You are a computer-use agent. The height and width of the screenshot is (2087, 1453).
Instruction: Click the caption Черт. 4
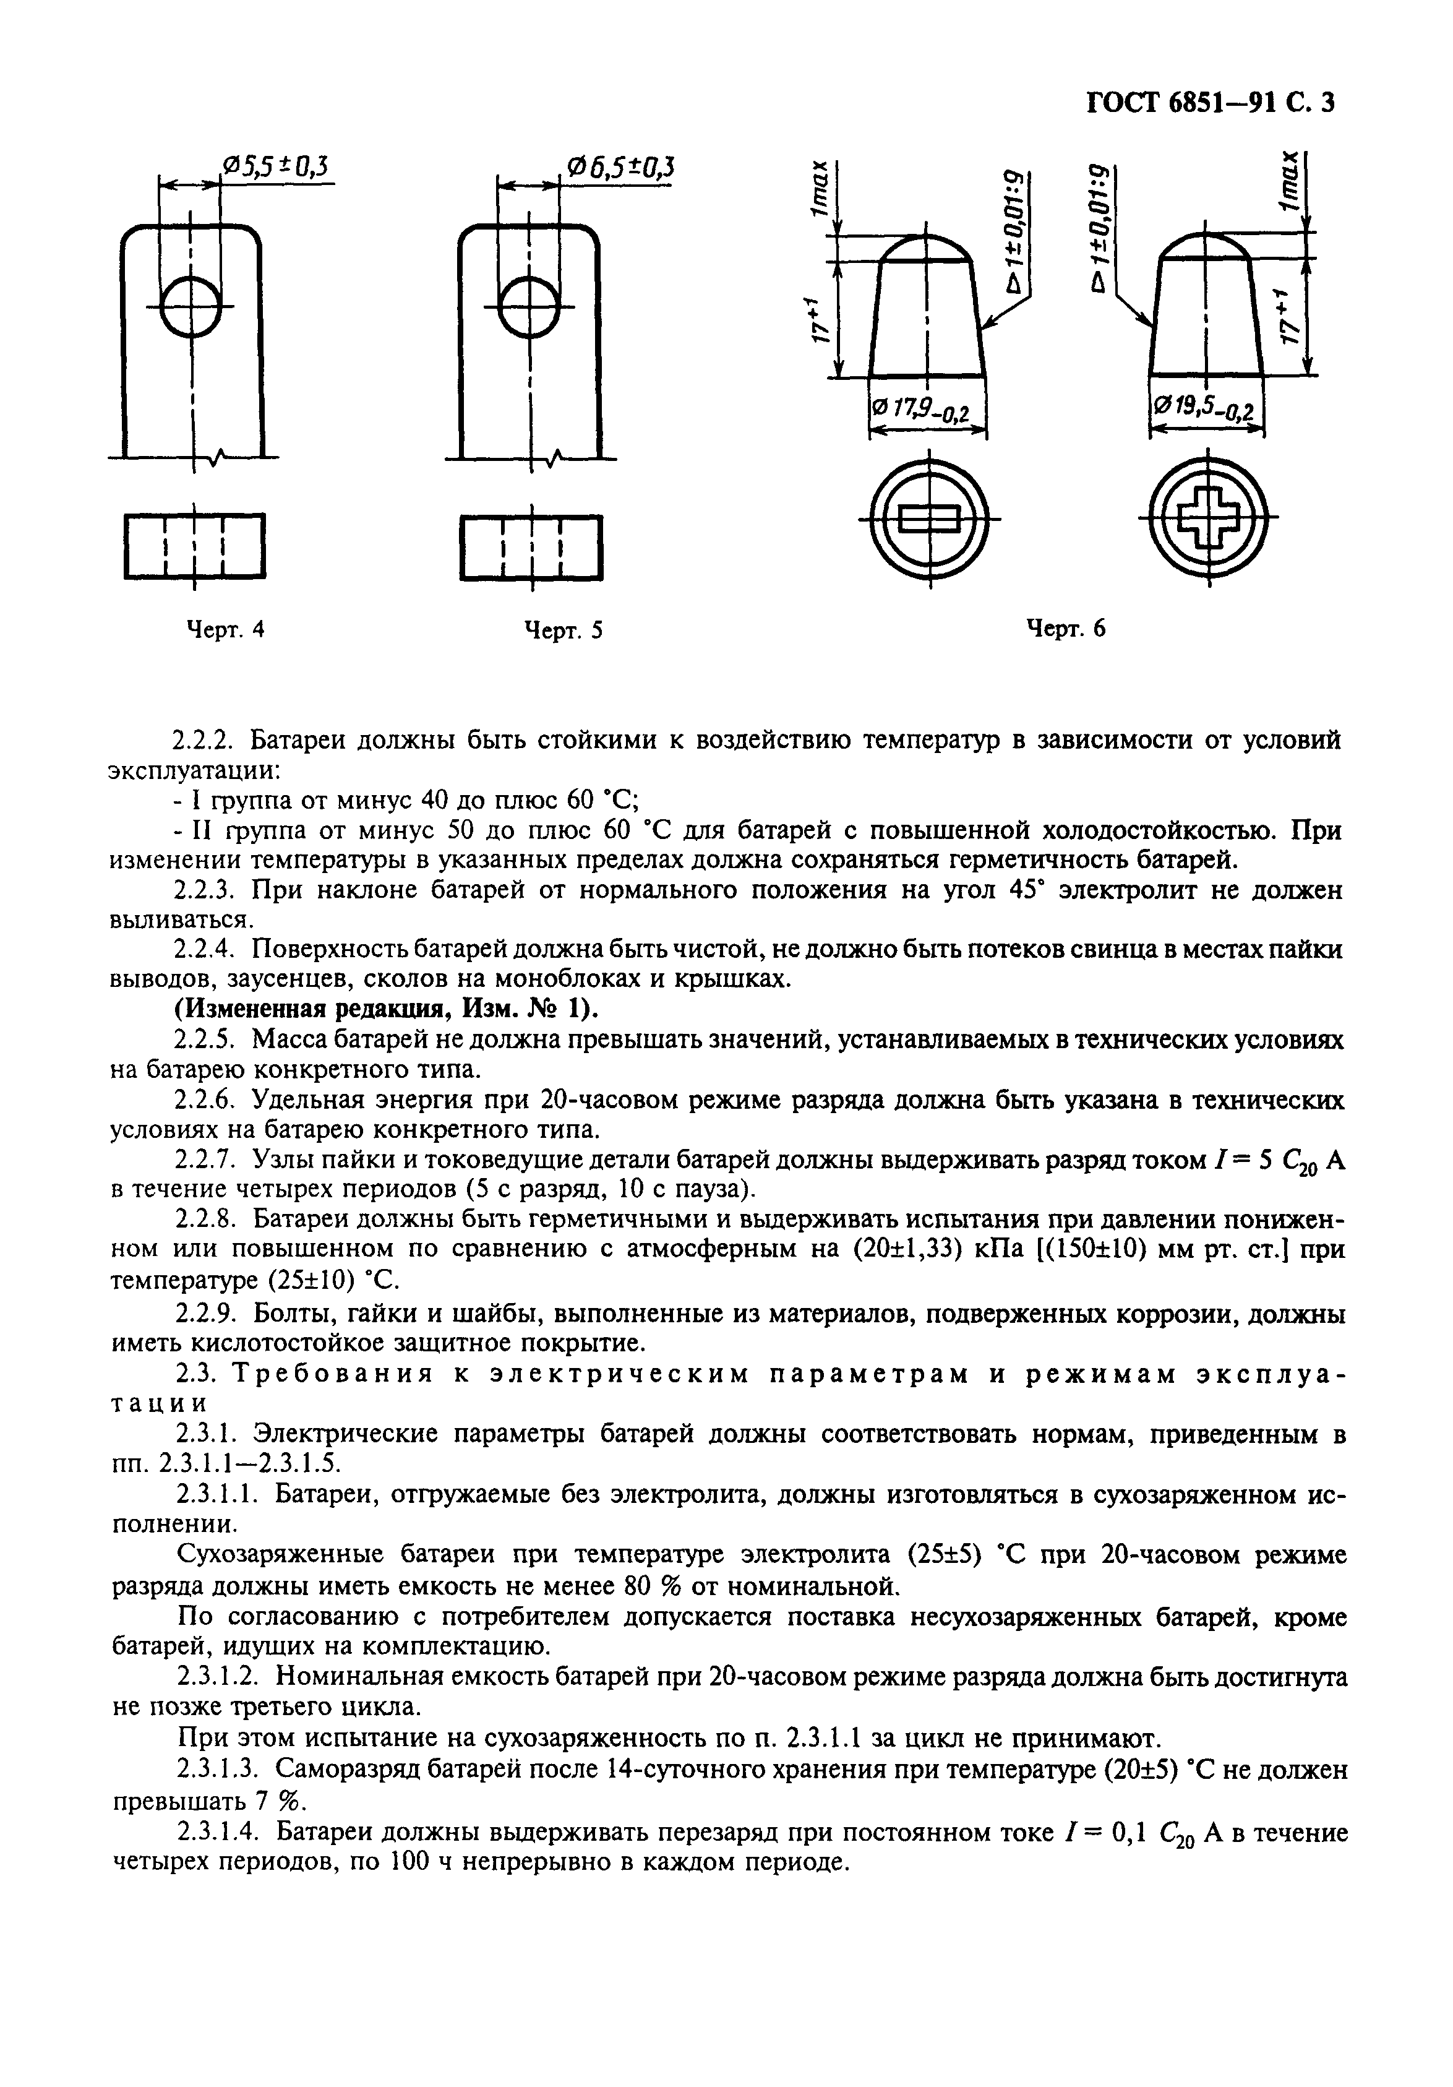pos(225,630)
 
